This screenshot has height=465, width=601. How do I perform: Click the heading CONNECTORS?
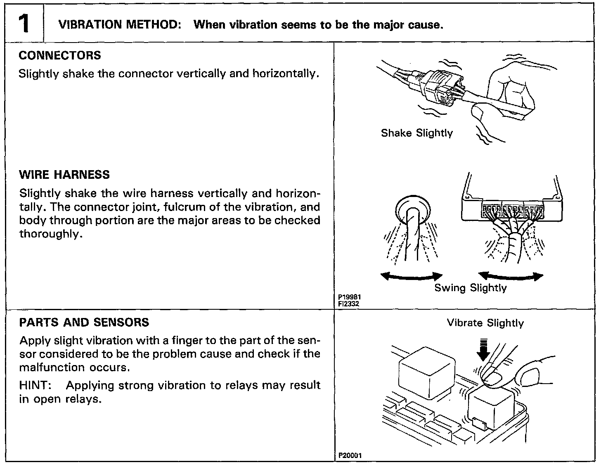coord(60,55)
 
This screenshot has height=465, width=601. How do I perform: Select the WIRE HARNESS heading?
coord(64,175)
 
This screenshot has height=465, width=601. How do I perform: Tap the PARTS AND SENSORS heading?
coord(84,323)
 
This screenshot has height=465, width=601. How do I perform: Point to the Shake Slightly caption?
coord(416,133)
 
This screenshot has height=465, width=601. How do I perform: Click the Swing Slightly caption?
coord(470,288)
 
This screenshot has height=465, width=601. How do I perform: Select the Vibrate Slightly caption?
coord(485,323)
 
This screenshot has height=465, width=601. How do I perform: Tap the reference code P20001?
coord(350,456)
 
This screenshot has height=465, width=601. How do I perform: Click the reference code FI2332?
coord(348,304)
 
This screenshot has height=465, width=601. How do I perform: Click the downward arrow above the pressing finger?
coord(483,349)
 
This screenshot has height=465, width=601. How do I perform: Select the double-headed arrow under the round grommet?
coord(411,276)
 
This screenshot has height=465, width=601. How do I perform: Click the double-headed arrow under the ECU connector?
coord(511,276)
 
